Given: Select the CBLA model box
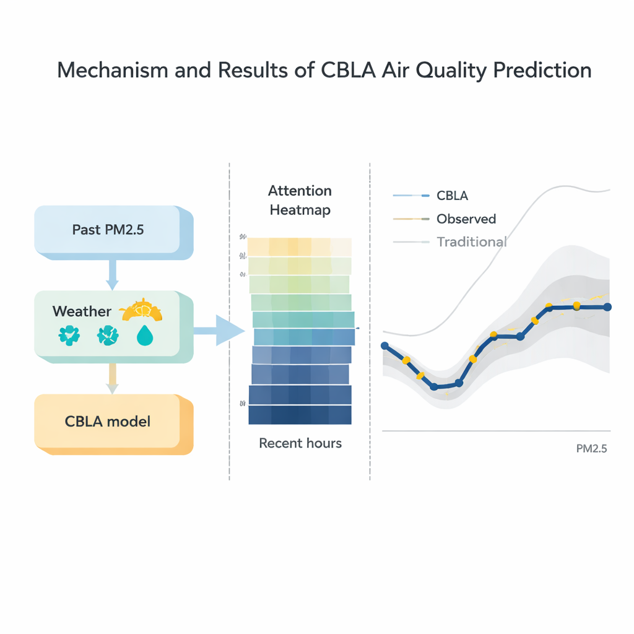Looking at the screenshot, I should [109, 422].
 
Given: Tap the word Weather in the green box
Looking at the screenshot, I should [82, 311].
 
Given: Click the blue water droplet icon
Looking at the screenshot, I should [144, 336].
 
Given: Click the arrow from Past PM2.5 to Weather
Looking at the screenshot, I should [112, 274].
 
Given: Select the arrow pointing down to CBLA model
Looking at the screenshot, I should [112, 378].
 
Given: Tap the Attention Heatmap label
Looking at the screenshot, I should [300, 200].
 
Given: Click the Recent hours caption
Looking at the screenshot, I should [300, 443].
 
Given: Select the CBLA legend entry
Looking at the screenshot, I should [452, 196].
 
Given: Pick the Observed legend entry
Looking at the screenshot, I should [466, 219].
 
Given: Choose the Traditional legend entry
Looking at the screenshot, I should [471, 242].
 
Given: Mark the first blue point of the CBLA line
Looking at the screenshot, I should [384, 345].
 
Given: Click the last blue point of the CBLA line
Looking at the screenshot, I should [607, 306].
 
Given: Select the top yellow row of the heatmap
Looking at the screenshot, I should [300, 247].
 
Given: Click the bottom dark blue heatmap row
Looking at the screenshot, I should [300, 415].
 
